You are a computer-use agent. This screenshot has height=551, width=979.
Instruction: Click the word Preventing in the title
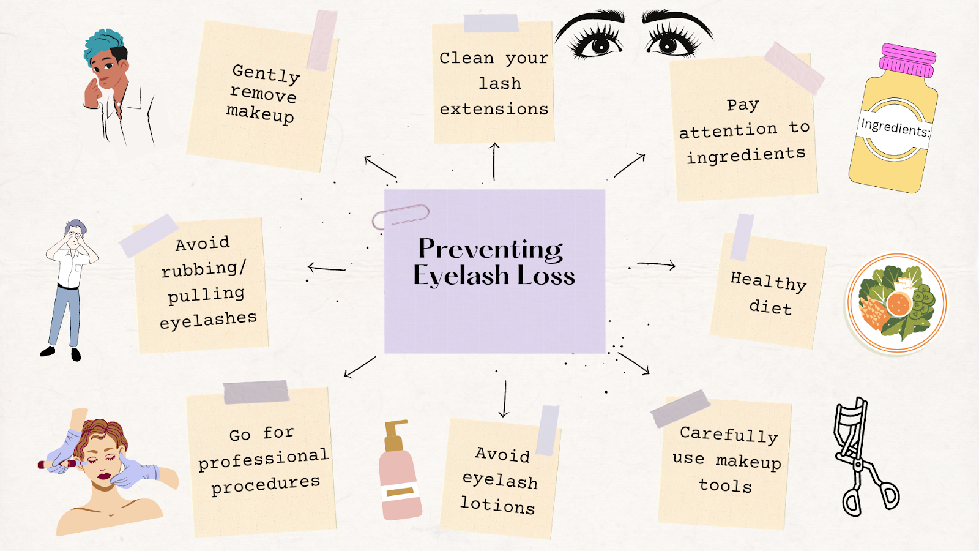coord(490,249)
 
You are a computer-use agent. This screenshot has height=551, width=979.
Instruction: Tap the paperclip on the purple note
coord(401,216)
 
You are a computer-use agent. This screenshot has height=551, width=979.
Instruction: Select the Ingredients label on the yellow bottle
coord(895,128)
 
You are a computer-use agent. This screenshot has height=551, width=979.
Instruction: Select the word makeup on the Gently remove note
coord(260,113)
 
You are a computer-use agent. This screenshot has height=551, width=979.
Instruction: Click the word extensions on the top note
coord(494,109)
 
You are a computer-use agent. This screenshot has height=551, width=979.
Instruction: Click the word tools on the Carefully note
coord(725,485)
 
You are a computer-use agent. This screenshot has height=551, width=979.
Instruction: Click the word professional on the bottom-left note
coord(263,459)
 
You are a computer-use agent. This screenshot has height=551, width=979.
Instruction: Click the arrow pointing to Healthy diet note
coord(657,264)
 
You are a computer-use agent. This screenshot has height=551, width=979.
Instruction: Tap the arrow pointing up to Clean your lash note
coord(494,161)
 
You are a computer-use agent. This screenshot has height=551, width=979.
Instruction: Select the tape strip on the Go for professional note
coord(256,392)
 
